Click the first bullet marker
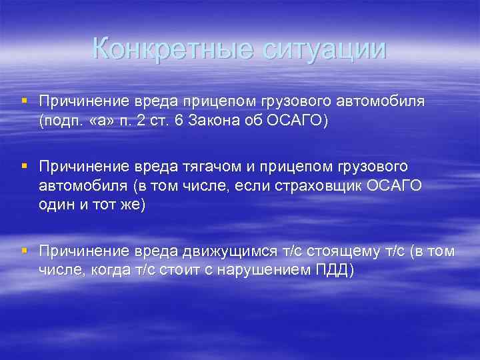coord(24,100)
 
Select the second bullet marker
coord(24,164)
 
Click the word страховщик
coord(323,185)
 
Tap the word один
coord(56,204)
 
